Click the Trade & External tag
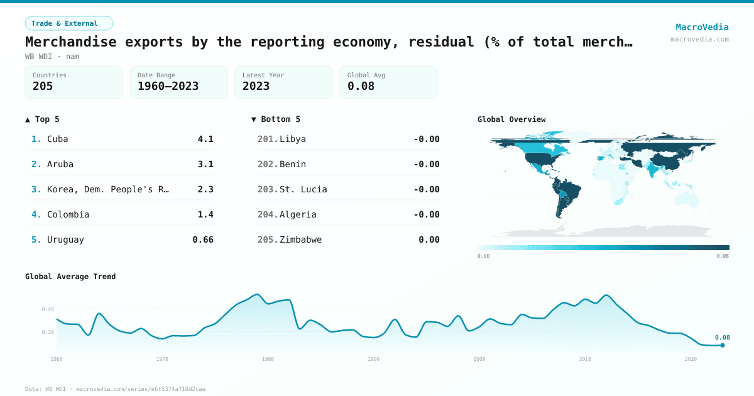[69, 23]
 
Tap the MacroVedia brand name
[702, 27]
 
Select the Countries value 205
[43, 86]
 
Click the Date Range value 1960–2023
[168, 86]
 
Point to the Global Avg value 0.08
[361, 86]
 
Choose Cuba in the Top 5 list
[58, 139]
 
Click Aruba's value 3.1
[205, 164]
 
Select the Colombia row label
[68, 214]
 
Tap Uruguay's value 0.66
[203, 239]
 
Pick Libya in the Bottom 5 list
[293, 139]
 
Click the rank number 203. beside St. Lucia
[268, 189]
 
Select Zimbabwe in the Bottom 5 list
[300, 239]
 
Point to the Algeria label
[298, 214]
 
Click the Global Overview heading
[511, 119]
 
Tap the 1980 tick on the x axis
[268, 359]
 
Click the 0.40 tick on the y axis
[48, 309]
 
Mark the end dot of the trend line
[723, 345]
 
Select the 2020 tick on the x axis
[691, 359]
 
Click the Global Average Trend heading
[70, 277]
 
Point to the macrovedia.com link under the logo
[699, 39]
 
